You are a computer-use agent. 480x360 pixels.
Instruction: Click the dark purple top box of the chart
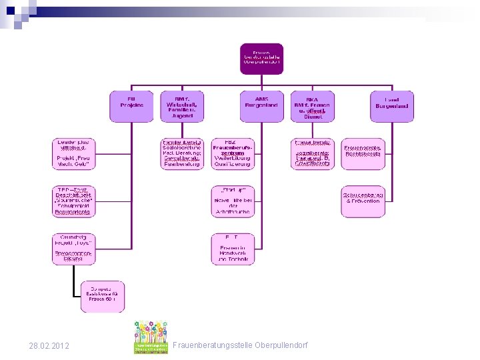[x=261, y=59]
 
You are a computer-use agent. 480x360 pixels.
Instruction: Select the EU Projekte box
[x=131, y=106]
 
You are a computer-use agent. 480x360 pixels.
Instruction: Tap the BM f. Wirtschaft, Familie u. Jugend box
[x=182, y=106]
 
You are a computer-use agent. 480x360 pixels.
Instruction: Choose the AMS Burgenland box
[x=261, y=106]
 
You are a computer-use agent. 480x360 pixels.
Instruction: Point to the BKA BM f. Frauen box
[x=313, y=106]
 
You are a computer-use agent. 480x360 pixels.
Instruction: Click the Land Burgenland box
[x=392, y=106]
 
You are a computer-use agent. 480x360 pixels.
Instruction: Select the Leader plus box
[x=73, y=153]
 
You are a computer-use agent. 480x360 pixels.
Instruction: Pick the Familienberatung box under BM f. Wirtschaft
[x=182, y=154]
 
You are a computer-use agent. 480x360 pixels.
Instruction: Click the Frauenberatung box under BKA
[x=313, y=154]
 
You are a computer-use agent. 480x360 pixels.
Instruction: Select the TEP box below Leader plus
[x=73, y=201]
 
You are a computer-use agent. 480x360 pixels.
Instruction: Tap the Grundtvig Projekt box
[x=73, y=248]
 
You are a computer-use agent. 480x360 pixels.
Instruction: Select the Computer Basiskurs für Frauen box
[x=103, y=296]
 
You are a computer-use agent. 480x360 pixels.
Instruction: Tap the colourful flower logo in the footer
[x=151, y=337]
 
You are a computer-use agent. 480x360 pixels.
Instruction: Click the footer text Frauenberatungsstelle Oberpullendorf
[x=240, y=346]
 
